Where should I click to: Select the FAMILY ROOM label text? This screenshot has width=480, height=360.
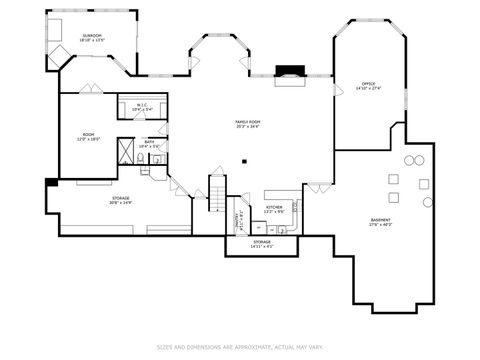click(247, 121)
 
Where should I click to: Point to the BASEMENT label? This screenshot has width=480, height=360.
click(381, 220)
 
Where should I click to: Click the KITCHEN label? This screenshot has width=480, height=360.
click(274, 207)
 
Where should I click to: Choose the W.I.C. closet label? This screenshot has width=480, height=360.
click(140, 104)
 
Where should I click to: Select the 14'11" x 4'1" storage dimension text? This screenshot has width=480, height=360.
click(262, 246)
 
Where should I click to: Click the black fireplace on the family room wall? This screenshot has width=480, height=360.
click(290, 72)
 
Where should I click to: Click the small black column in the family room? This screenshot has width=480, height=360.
click(246, 159)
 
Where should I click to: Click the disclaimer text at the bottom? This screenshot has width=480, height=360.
click(239, 348)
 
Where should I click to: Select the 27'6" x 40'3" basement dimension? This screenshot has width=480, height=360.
click(381, 225)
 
